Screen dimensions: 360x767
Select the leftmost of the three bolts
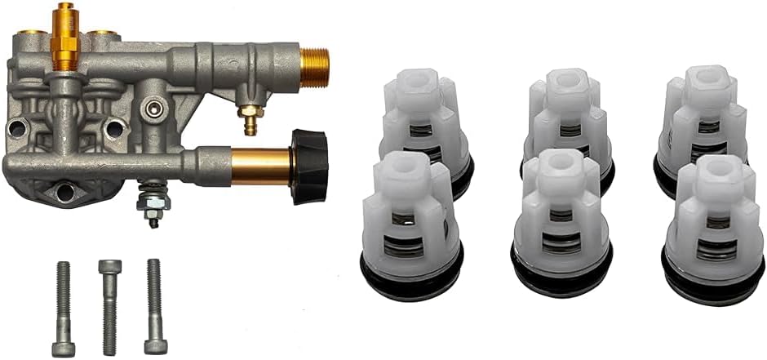pyautogui.click(x=63, y=307)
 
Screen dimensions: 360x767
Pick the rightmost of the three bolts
pyautogui.click(x=154, y=307)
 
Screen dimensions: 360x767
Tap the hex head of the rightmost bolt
pyautogui.click(x=155, y=346)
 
